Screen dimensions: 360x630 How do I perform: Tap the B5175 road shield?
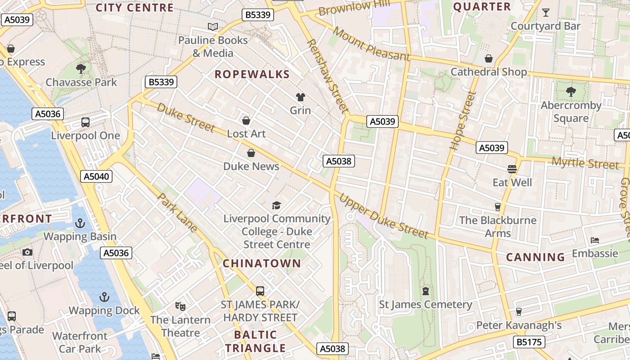[529, 342]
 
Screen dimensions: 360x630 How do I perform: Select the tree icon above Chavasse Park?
[81, 69]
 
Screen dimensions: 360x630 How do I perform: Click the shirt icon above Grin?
[300, 97]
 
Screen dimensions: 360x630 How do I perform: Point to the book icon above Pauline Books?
[213, 27]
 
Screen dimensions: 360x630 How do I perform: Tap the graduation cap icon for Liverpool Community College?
[276, 206]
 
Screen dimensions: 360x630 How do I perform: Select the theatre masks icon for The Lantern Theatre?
[180, 306]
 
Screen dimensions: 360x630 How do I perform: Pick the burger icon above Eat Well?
[512, 169]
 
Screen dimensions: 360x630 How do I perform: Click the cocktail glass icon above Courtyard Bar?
[546, 13]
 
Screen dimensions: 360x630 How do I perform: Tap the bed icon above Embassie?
[595, 240]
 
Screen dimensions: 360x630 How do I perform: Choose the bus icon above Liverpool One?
[85, 122]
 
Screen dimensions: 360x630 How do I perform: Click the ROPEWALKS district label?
[252, 74]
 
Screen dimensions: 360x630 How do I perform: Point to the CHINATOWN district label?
[261, 263]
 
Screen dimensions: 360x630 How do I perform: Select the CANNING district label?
[535, 257]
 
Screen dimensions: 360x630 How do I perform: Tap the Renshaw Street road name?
[327, 76]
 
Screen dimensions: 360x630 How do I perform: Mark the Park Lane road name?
[177, 213]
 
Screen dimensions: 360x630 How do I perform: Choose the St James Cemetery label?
[425, 305]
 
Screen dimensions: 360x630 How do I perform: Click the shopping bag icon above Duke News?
[251, 153]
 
